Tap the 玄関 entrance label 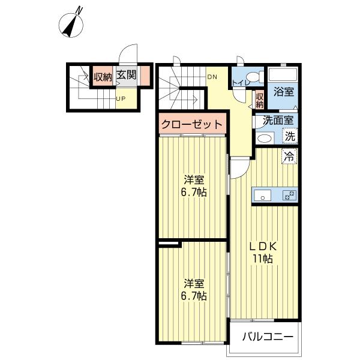point(126,75)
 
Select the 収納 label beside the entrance point(103,77)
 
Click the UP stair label point(121,99)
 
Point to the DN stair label point(212,77)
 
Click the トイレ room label point(241,83)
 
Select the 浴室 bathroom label point(284,92)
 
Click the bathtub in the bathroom point(283,74)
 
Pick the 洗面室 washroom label point(278,120)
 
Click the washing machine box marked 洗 point(290,136)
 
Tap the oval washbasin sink point(265,138)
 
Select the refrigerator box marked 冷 point(289,156)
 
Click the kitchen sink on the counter point(262,195)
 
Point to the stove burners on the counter point(289,195)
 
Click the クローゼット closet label point(192,124)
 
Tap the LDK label point(263,247)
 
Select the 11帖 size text point(263,259)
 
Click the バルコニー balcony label point(268,337)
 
